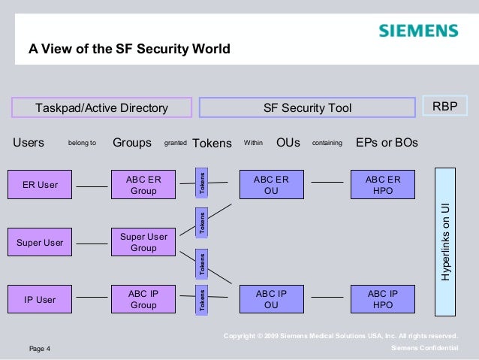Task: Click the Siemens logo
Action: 417,31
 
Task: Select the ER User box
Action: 40,185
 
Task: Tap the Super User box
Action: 40,243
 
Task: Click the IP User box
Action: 40,299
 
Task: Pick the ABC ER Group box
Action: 143,185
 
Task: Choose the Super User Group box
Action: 143,243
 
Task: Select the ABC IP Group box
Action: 143,299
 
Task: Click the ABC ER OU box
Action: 271,185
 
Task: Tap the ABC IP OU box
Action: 271,299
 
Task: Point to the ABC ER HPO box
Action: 383,185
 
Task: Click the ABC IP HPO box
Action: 383,299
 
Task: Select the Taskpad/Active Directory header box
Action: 101,108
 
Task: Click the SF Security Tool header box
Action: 307,108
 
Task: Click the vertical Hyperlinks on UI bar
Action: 446,242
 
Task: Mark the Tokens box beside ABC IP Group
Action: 201,299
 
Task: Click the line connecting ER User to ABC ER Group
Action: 92,186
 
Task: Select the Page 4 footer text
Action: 39,349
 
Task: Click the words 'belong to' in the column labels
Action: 82,142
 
